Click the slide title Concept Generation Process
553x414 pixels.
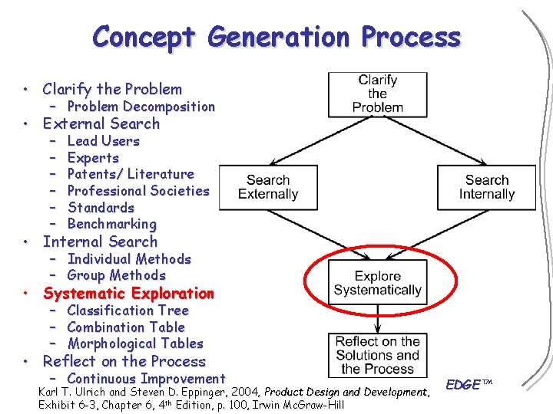(276, 37)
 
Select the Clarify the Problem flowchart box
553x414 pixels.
(377, 94)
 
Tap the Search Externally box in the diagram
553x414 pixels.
(268, 187)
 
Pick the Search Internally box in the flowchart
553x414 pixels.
(486, 187)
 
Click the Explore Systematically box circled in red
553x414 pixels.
(377, 283)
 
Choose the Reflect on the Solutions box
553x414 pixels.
(377, 355)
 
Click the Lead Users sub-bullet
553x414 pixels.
(103, 141)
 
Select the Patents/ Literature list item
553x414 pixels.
(131, 174)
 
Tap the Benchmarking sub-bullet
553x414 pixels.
(111, 224)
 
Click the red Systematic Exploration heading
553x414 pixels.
(128, 294)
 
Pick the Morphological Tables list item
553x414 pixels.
(135, 343)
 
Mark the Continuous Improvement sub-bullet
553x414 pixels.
(146, 379)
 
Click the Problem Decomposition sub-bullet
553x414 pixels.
(141, 107)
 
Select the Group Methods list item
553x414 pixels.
(116, 275)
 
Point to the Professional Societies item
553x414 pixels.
(138, 191)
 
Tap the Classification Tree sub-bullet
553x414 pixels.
(127, 310)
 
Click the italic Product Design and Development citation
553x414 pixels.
(346, 393)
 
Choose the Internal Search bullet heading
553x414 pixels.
(100, 242)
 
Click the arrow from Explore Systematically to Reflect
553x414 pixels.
(377, 318)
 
